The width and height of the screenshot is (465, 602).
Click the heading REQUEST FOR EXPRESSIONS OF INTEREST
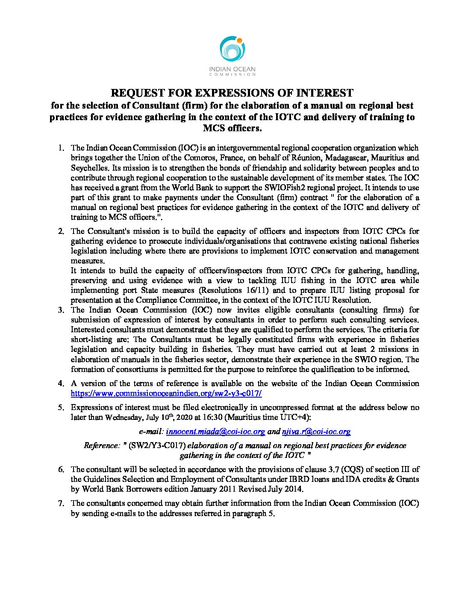click(x=232, y=93)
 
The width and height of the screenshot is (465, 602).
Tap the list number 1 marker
click(x=61, y=148)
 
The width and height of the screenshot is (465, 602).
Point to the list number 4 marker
click(x=61, y=384)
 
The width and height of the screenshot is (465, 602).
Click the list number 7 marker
click(x=61, y=503)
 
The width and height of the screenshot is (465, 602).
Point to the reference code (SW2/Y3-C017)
click(x=159, y=446)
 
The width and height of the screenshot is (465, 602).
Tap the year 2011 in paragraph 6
click(x=237, y=489)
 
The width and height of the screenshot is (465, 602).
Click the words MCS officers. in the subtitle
click(x=232, y=128)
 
